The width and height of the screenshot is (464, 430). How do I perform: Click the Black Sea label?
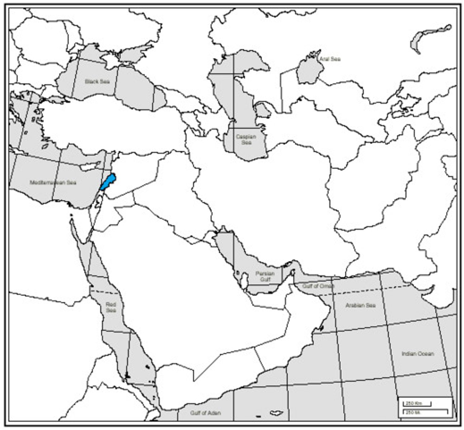point(97,81)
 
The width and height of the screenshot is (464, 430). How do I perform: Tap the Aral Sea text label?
point(330,59)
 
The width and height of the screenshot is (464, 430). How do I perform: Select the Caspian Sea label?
point(246,140)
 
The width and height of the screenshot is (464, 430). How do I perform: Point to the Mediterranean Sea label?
point(53,182)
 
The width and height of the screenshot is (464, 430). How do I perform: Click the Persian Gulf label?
point(265,276)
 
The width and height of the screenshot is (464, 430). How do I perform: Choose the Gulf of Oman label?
point(318,286)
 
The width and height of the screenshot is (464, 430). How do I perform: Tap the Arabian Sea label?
point(361,305)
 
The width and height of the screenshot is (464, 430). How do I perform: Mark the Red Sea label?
point(111,307)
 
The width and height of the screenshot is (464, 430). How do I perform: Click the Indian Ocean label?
point(418,354)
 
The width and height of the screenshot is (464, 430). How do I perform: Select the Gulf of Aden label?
point(206,413)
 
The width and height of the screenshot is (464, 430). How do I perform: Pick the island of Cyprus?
point(89,167)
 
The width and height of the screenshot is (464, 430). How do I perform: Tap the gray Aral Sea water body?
point(308,72)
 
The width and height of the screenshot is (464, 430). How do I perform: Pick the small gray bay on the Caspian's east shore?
point(263,110)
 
